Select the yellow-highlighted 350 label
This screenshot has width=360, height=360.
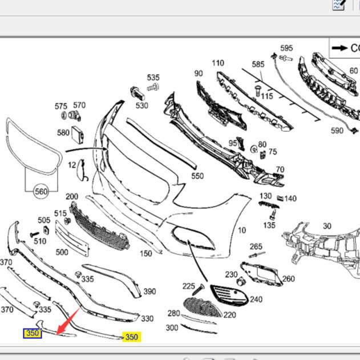coord(132,337)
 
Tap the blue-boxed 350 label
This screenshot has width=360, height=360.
coord(32,333)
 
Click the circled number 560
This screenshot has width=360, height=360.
coord(41,192)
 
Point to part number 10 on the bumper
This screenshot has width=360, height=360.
coord(242,230)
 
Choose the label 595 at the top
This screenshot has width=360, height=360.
coord(286,48)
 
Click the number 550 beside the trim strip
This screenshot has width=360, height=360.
coord(197,176)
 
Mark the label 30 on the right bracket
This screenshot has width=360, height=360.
coord(327,226)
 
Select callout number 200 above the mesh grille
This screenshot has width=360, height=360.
coord(72,196)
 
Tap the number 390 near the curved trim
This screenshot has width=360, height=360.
coord(149,292)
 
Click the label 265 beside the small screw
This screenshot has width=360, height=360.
coord(256,246)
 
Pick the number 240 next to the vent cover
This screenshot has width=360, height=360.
coord(256,299)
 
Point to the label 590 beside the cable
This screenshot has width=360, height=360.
coord(337,131)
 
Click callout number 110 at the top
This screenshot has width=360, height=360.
coord(218,63)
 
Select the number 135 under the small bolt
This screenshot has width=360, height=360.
coord(269,225)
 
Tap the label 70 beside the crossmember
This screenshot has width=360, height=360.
coord(280,169)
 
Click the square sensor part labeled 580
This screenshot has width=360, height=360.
coord(78,135)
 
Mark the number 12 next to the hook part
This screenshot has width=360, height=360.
coord(72,165)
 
